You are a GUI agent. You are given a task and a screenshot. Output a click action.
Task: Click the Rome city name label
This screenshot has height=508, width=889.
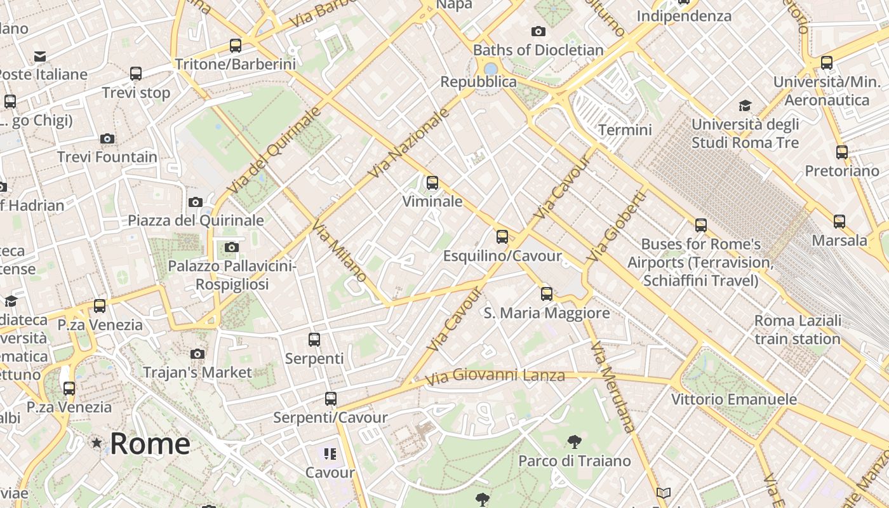click(x=150, y=443)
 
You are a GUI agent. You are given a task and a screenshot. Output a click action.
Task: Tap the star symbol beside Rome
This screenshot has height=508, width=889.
click(x=97, y=443)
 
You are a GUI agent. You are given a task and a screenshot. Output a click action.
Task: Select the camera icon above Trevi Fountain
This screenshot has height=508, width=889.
click(x=107, y=138)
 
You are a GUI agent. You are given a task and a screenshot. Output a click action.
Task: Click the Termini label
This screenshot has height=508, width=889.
click(x=625, y=130)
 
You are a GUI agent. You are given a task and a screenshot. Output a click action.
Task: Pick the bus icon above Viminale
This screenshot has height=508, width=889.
click(x=432, y=183)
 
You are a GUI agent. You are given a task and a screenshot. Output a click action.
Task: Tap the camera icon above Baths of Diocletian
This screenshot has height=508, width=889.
click(x=538, y=31)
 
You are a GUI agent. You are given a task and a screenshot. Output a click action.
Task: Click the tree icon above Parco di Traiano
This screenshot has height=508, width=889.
click(x=574, y=441)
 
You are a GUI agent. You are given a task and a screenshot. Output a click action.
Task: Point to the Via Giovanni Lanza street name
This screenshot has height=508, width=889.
click(x=495, y=377)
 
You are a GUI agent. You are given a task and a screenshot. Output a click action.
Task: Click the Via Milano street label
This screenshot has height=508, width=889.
click(x=339, y=251)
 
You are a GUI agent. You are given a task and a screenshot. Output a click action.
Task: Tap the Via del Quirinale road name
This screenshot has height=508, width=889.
click(x=274, y=151)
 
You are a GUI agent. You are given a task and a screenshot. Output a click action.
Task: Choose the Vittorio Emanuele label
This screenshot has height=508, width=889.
click(x=734, y=399)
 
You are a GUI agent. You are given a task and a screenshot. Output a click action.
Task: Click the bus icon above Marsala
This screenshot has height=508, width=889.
click(x=839, y=221)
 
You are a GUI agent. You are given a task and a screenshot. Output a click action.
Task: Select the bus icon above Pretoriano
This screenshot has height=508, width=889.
click(x=842, y=152)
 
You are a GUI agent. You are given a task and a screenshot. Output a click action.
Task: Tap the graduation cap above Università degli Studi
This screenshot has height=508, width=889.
click(x=745, y=105)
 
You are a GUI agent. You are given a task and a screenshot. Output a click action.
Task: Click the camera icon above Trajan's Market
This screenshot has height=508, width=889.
click(x=197, y=354)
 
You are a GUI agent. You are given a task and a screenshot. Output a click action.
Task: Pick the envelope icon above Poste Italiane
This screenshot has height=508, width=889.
click(x=40, y=57)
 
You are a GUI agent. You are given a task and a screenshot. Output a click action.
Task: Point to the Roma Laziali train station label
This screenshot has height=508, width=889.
click(x=798, y=330)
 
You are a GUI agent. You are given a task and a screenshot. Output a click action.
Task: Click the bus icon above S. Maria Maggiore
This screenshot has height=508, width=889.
click(x=547, y=294)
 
